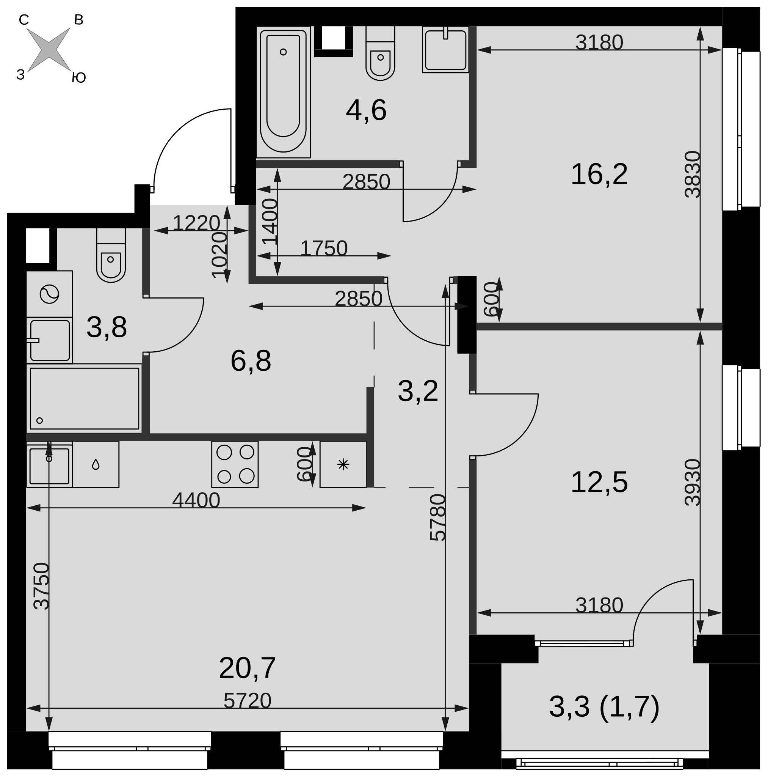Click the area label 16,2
(599, 174)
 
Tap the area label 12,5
(599, 482)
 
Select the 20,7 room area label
(247, 668)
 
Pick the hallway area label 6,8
(251, 360)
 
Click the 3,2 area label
(418, 390)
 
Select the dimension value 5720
(247, 701)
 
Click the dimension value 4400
(196, 500)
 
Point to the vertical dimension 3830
(692, 174)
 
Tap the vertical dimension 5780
(438, 517)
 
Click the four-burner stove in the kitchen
(235, 464)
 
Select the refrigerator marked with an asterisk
(343, 464)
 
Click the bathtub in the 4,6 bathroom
(283, 92)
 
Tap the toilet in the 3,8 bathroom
(111, 255)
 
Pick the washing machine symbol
(49, 294)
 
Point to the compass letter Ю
(79, 78)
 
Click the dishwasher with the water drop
(96, 464)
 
